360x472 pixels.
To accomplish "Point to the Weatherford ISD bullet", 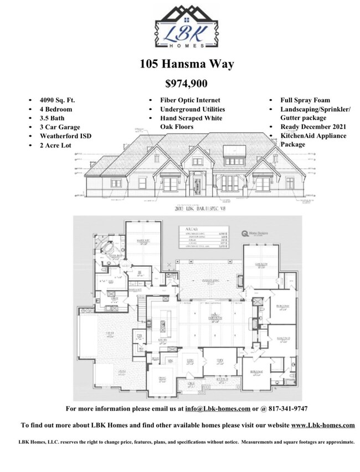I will [63, 136].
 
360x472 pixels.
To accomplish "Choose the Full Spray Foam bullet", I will [305, 100].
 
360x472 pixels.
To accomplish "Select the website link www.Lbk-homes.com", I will [323, 425].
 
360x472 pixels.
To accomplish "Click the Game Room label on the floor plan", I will [258, 264].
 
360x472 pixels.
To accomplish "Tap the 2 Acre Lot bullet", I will [55, 145].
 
